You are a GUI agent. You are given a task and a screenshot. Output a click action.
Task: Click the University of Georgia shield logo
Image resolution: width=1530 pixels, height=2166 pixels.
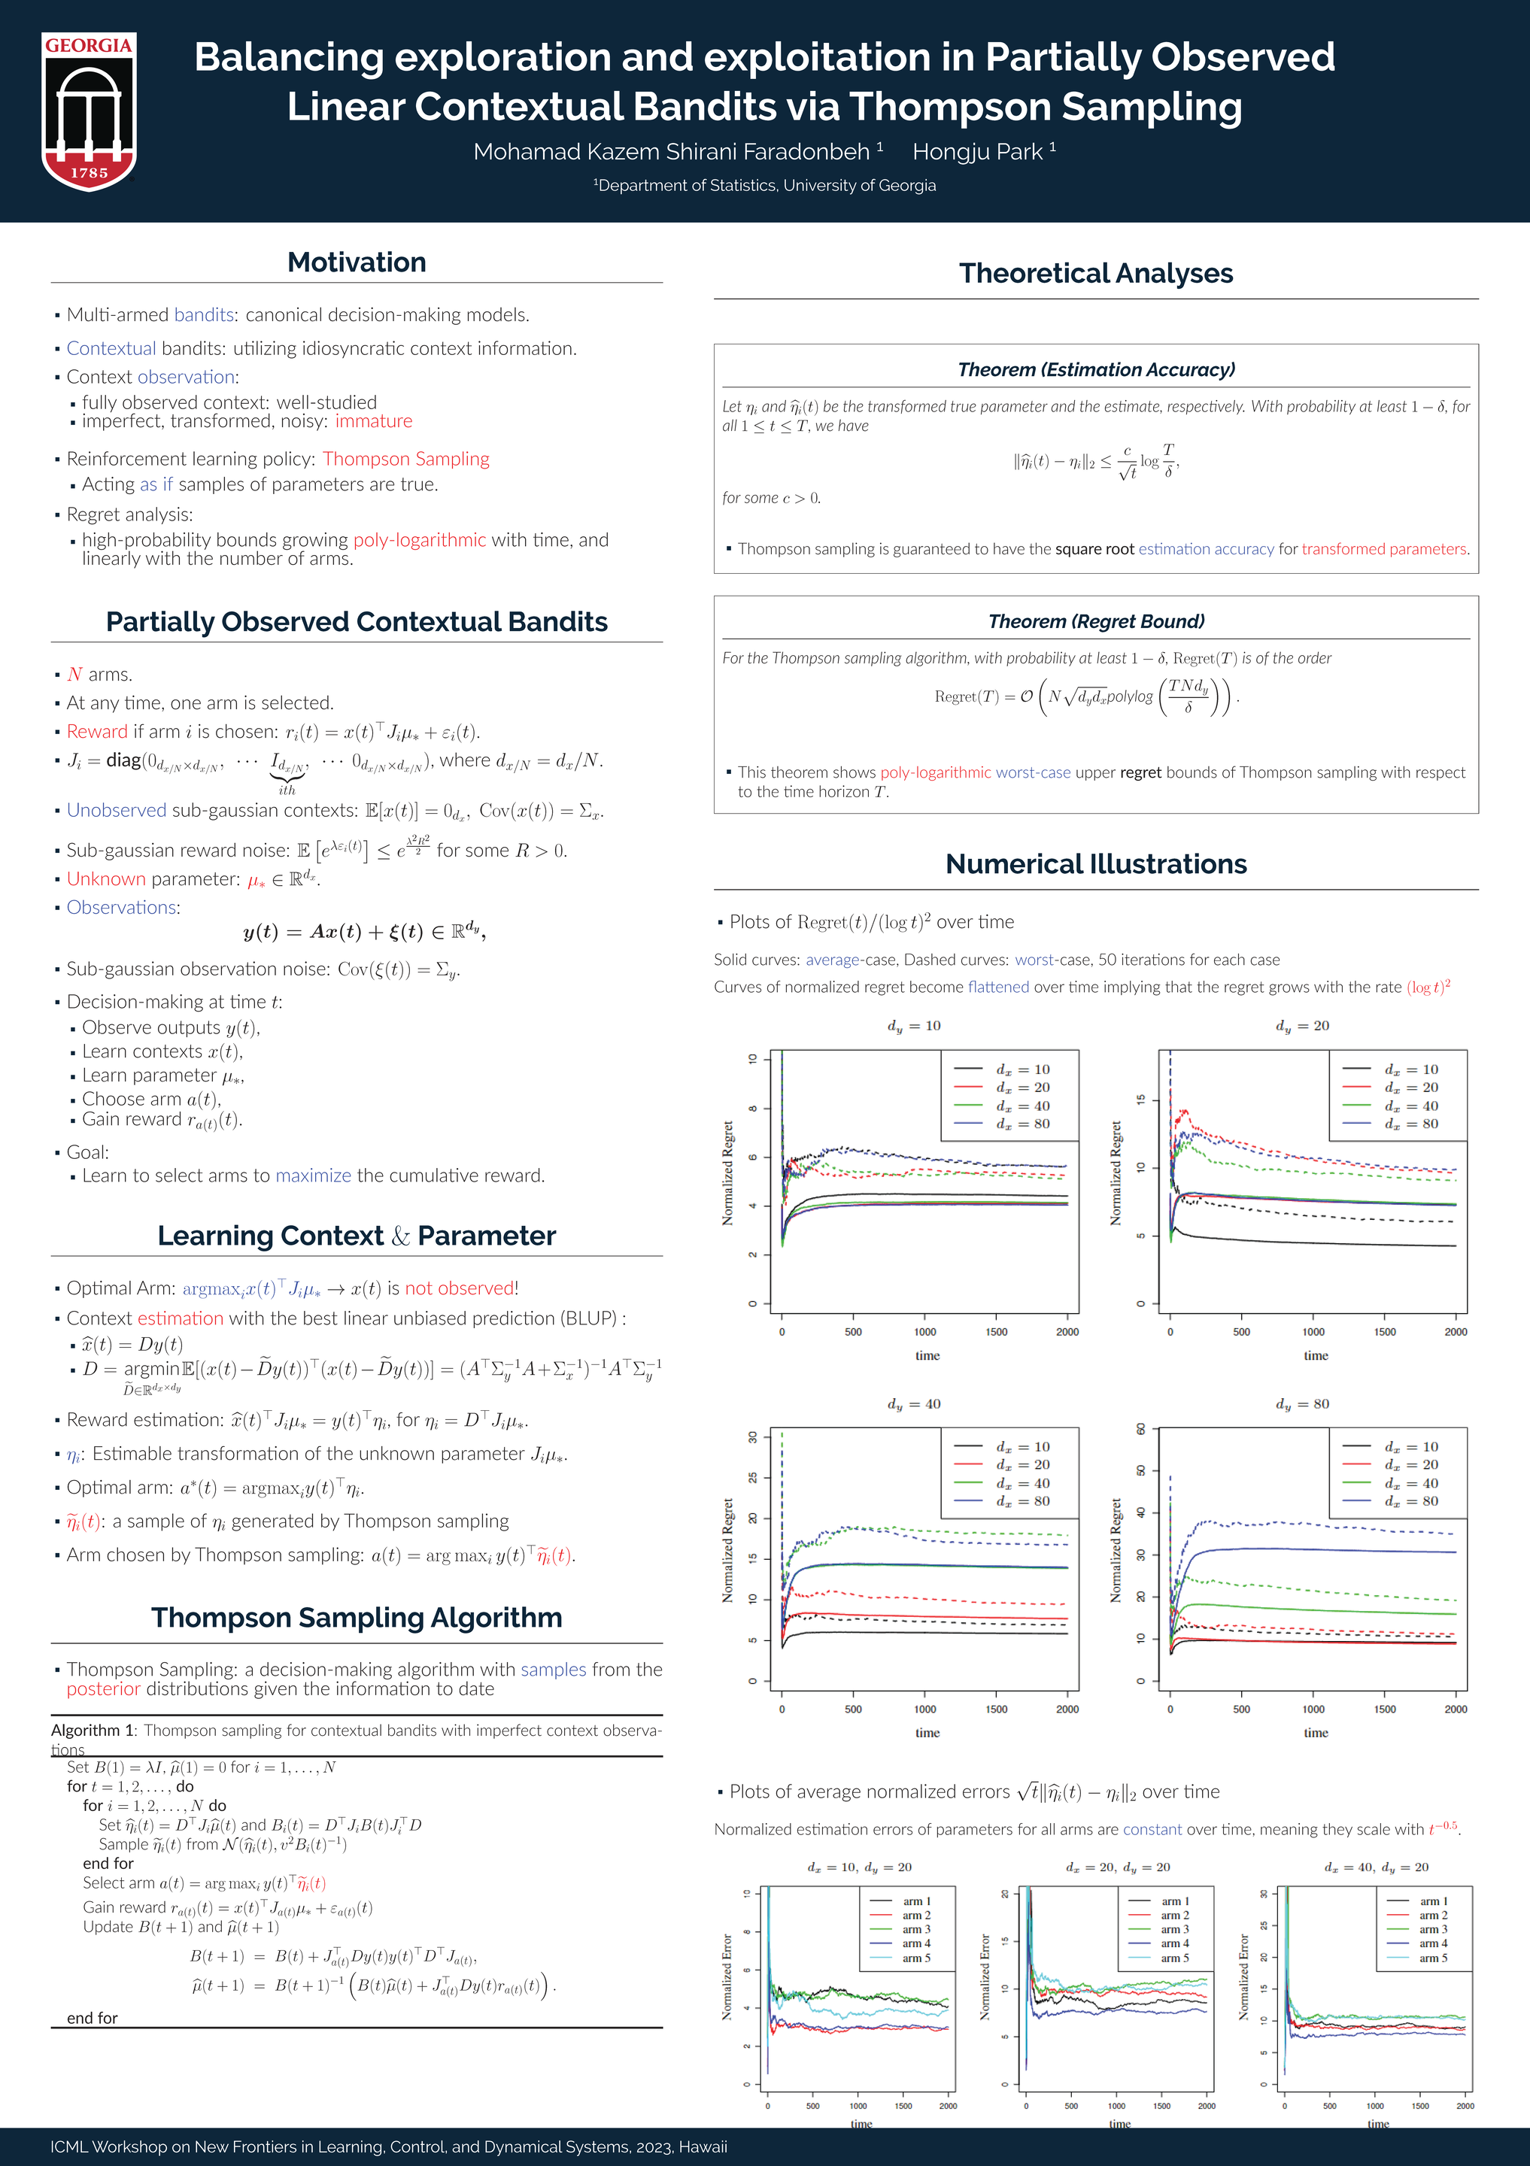coord(89,111)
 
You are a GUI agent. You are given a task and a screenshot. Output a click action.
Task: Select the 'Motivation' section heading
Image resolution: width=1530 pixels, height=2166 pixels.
coord(357,262)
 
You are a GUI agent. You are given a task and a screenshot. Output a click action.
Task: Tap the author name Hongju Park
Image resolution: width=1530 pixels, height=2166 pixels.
coord(977,152)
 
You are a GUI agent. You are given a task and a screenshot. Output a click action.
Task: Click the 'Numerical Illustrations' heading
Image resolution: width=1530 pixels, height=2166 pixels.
coord(1096,864)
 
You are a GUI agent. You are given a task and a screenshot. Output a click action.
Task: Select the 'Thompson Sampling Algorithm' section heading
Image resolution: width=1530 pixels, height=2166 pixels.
coord(357,1618)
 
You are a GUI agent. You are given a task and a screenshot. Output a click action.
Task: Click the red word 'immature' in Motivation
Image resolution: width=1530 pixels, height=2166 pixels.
coord(374,422)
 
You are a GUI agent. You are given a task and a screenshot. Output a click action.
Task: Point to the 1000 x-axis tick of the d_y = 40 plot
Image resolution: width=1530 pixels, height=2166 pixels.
coord(924,1709)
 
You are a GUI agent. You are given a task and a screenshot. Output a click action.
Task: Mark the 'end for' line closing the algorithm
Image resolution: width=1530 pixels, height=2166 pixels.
coord(93,2018)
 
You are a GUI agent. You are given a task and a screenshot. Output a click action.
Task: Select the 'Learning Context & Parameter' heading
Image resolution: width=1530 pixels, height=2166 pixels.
coord(357,1236)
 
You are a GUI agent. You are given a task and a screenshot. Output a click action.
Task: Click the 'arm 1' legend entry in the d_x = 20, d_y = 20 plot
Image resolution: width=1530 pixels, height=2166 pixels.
coord(1175,1902)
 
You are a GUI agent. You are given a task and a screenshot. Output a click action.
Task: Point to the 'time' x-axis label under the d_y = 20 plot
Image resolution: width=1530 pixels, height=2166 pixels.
coord(1316,1356)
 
